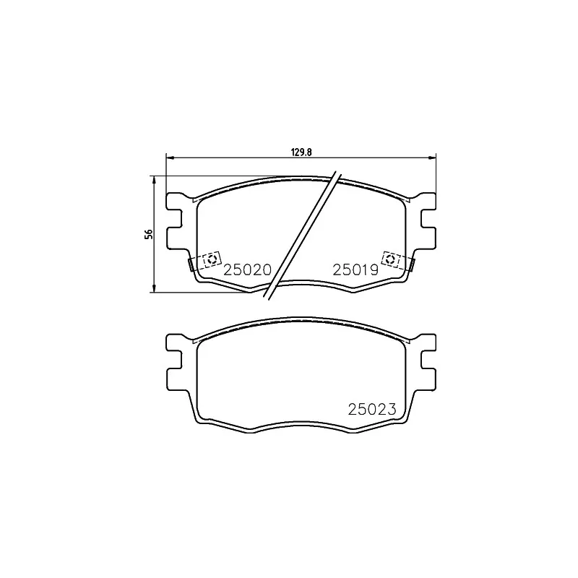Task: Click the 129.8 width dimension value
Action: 301,152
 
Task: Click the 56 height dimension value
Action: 149,233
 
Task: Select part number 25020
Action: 247,269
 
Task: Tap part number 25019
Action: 355,269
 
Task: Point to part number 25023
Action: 373,409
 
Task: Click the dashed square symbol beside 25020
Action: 212,259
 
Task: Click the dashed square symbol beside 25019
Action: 392,259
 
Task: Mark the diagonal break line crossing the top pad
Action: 302,235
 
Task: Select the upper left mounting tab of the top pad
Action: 174,202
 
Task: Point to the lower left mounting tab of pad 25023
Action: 174,378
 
